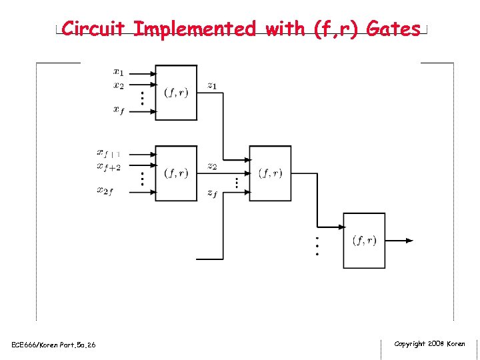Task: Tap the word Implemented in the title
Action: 194,29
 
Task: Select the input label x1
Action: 118,72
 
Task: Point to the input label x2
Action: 118,85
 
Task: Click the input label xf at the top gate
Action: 118,110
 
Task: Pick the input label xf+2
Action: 109,167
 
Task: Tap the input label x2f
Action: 105,191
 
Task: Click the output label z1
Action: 211,85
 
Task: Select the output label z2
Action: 211,166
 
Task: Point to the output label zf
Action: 211,193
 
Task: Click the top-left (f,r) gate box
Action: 176,93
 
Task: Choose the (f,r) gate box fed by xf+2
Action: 176,173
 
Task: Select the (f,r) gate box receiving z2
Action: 270,173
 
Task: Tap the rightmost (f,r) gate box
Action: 364,241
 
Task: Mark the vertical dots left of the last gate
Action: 317,245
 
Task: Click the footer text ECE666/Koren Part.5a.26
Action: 54,345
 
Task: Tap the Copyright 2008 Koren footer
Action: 429,344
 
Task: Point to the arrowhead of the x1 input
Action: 152,72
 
